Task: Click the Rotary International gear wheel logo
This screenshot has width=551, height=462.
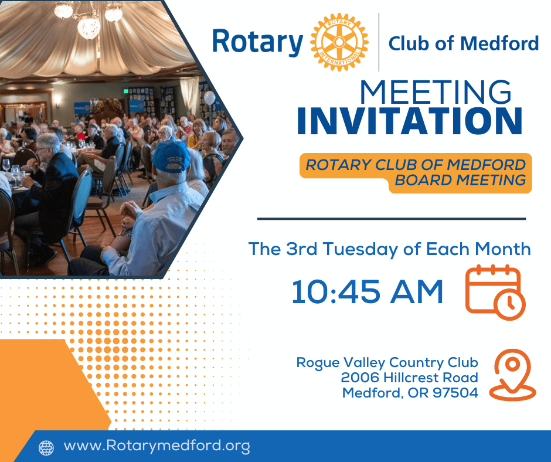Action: [339, 42]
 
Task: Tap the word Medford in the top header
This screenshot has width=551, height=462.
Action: [499, 43]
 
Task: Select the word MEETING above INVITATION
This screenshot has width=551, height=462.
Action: [436, 92]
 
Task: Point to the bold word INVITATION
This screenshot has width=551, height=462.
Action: [410, 121]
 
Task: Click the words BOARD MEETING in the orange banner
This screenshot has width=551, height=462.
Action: [460, 180]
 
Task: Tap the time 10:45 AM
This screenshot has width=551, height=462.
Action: [367, 291]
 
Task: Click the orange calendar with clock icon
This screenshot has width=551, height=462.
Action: [495, 293]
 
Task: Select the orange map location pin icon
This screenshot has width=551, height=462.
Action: [512, 375]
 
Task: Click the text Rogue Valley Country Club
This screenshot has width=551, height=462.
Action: [387, 362]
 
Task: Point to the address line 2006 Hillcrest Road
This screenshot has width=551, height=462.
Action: [409, 378]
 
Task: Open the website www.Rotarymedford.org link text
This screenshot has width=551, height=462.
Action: [157, 446]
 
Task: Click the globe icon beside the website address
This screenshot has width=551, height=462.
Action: [46, 448]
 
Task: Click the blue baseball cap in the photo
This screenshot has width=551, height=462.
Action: [171, 156]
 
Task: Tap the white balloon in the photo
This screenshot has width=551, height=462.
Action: [209, 98]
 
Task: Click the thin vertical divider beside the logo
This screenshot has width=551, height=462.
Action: [379, 42]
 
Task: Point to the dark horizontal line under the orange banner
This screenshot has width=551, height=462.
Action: [392, 219]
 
